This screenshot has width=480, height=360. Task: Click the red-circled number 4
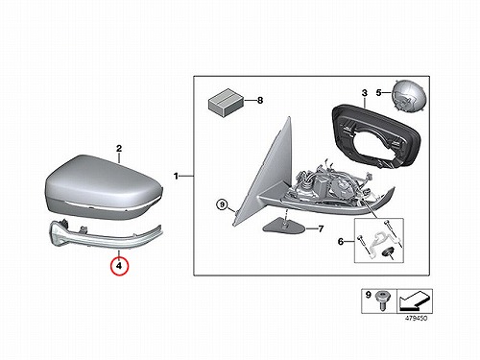(x=119, y=266)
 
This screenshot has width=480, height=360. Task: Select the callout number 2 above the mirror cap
(x=119, y=149)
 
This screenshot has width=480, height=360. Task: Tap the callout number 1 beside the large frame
(x=176, y=176)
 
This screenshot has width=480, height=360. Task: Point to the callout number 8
(x=260, y=101)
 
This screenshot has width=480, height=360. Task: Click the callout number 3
(x=365, y=93)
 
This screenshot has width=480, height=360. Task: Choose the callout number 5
(x=378, y=93)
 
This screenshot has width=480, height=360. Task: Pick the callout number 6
(x=341, y=241)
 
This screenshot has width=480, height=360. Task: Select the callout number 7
(x=321, y=228)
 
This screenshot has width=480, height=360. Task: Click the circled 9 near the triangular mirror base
(x=223, y=204)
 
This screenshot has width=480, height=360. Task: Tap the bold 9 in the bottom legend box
(x=368, y=295)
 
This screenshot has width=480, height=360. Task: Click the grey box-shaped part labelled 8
(x=226, y=102)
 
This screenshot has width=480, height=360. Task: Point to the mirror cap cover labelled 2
(x=104, y=187)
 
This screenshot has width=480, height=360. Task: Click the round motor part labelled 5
(x=408, y=95)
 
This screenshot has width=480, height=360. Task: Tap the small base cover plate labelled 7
(x=283, y=226)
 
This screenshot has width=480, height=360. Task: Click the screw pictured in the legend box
(x=382, y=300)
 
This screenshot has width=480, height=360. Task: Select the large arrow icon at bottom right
(x=415, y=301)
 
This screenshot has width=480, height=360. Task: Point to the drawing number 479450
(x=416, y=318)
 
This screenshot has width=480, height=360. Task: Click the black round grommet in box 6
(x=386, y=252)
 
